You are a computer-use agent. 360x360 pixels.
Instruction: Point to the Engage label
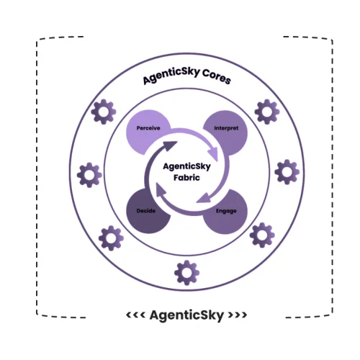coord(226,211)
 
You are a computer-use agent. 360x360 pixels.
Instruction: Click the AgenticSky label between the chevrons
coord(187,315)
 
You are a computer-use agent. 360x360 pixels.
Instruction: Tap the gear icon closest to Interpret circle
coord(267,111)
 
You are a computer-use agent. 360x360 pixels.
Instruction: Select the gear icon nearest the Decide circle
coord(110,236)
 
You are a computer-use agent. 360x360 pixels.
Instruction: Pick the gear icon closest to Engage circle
coord(261,235)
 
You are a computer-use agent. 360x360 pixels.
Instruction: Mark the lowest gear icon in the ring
coord(186,271)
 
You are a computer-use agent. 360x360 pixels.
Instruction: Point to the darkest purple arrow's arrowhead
coord(170,147)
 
